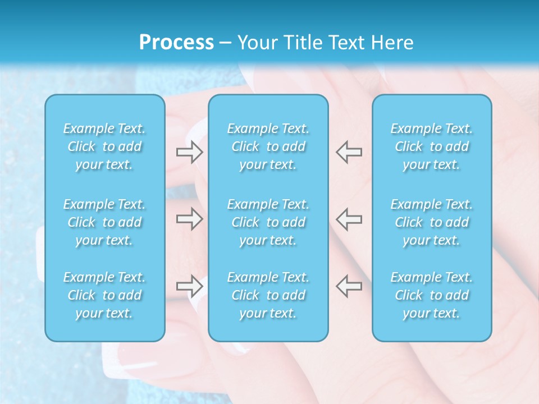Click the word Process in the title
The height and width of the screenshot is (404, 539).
click(176, 43)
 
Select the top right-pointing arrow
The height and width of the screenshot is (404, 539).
click(189, 152)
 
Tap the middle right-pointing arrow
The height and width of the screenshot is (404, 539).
click(189, 219)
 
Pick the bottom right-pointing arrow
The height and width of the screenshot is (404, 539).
click(189, 286)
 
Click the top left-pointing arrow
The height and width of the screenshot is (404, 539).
click(349, 152)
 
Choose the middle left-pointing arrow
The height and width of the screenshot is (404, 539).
click(349, 219)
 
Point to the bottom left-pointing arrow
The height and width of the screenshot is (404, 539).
click(349, 286)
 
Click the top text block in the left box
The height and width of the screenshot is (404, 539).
click(104, 146)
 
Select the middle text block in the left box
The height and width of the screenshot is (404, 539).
click(104, 222)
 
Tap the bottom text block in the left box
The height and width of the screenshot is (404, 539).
click(104, 295)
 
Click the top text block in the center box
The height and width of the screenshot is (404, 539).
click(268, 146)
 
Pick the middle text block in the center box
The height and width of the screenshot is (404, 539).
click(268, 222)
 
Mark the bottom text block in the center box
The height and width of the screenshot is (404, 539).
click(268, 295)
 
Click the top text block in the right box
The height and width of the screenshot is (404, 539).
click(431, 146)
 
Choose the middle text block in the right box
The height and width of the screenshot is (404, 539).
click(431, 222)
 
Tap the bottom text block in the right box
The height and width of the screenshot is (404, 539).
click(431, 295)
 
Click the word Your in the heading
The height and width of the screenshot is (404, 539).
click(257, 43)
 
